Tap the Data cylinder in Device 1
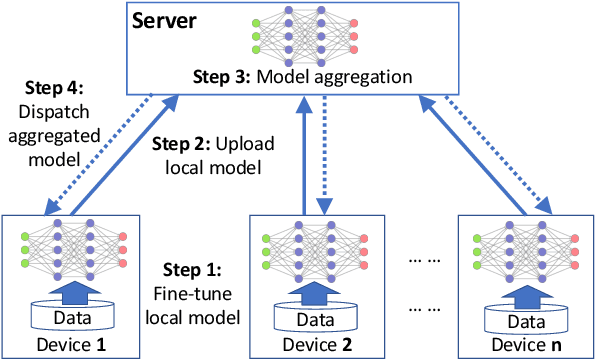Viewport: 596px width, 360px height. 73,317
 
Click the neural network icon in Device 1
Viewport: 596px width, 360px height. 73,250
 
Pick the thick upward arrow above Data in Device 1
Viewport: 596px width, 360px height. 73,293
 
